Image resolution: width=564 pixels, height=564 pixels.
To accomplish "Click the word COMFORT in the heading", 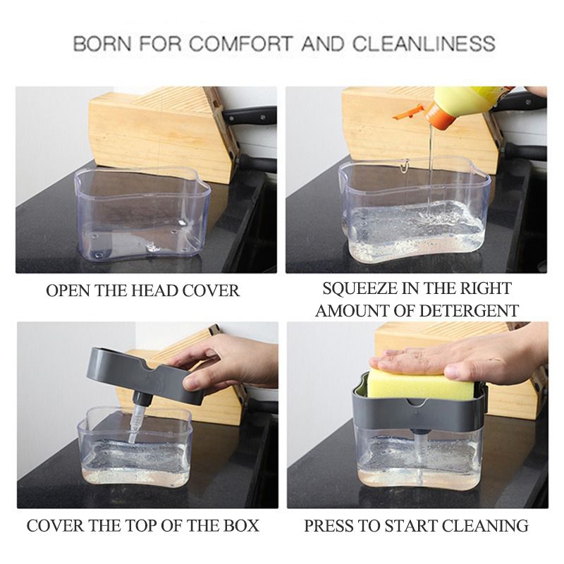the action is pos(240,44).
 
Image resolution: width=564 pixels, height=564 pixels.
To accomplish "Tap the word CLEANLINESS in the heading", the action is pos(424,44).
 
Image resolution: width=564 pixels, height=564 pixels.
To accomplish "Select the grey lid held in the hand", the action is pos(145,374).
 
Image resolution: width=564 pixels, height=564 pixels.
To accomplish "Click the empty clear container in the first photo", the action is pos(142,212).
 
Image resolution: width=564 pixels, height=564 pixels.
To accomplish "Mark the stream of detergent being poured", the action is pos(430,169).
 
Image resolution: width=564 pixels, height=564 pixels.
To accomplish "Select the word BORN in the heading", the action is pos(102,44).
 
